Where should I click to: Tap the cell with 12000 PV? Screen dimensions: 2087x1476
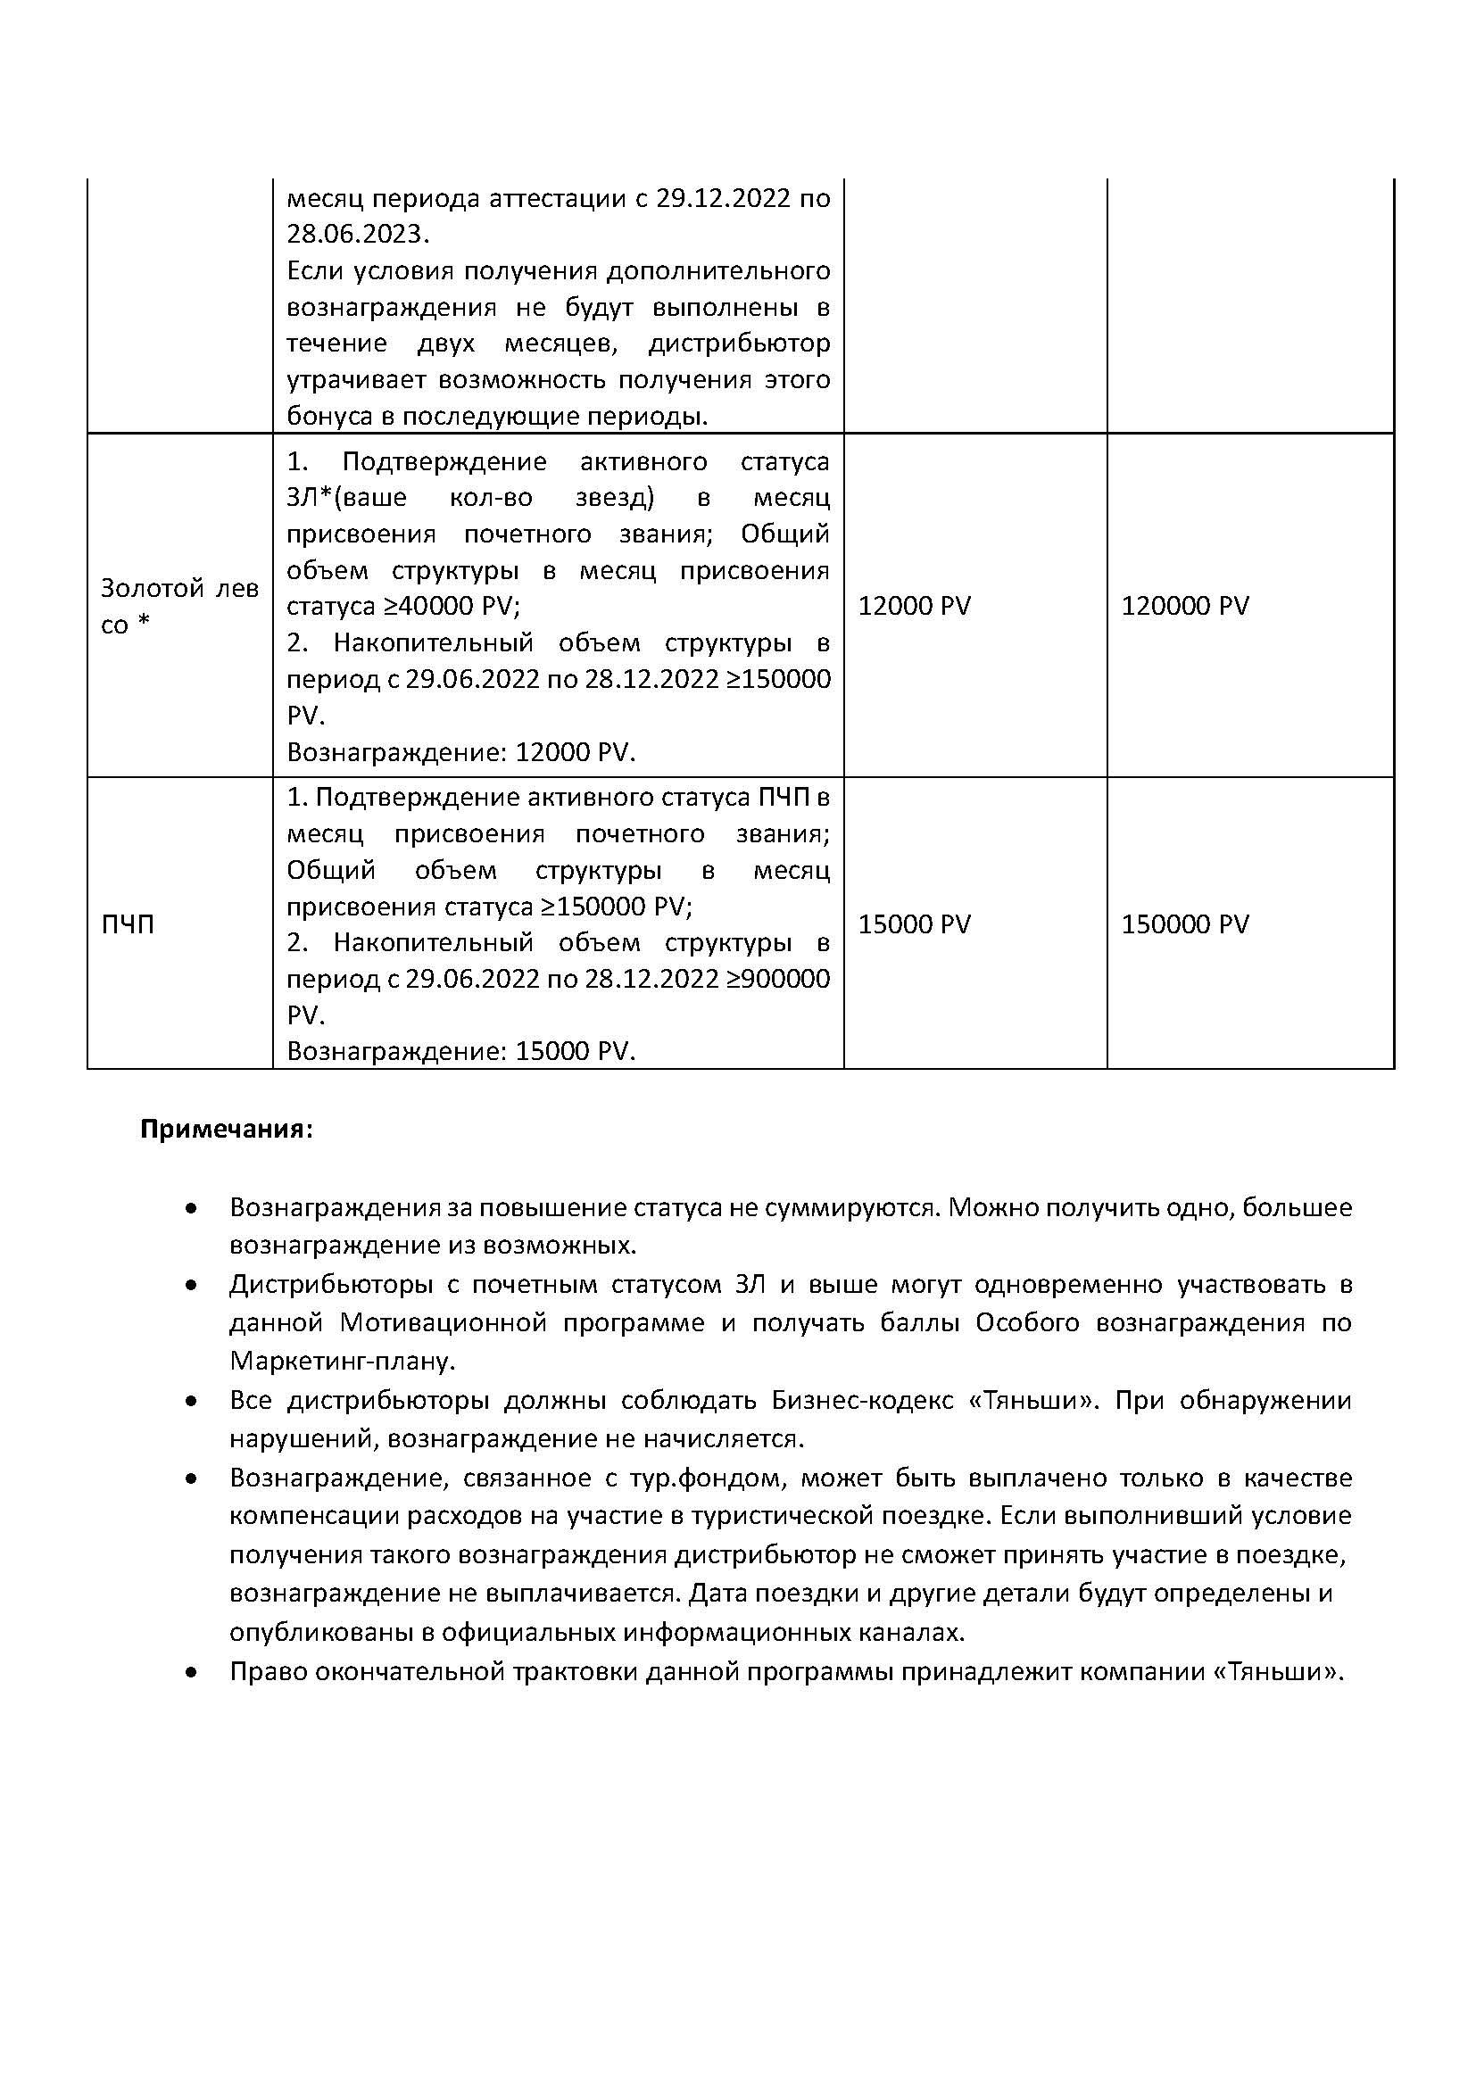tap(915, 605)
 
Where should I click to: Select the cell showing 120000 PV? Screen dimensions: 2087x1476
tap(1185, 605)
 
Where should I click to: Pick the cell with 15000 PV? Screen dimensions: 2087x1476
tap(915, 923)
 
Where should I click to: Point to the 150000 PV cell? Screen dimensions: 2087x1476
tap(1185, 923)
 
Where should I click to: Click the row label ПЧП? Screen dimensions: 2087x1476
tap(128, 924)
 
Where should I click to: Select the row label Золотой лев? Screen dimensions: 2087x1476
tap(179, 589)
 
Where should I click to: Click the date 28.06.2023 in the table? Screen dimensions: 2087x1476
tap(355, 235)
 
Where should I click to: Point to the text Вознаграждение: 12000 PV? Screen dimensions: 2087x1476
tap(460, 751)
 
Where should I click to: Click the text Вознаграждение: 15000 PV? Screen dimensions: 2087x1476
tap(460, 1051)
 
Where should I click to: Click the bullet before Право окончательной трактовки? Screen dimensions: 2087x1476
tap(191, 1671)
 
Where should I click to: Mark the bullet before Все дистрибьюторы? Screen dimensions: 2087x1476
tap(191, 1403)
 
